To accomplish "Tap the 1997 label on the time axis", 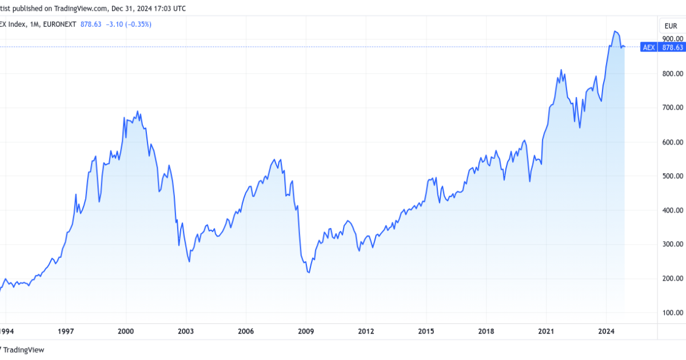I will pyautogui.click(x=66, y=331).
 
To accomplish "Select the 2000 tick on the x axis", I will pyautogui.click(x=126, y=331).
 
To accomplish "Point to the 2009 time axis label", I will pyautogui.click(x=306, y=331).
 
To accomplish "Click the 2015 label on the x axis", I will pyautogui.click(x=426, y=331).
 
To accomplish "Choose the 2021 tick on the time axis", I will pyautogui.click(x=546, y=331).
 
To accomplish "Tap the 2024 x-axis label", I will pyautogui.click(x=606, y=331).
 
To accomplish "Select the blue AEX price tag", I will pyautogui.click(x=649, y=47).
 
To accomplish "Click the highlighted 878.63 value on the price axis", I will pyautogui.click(x=672, y=47).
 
